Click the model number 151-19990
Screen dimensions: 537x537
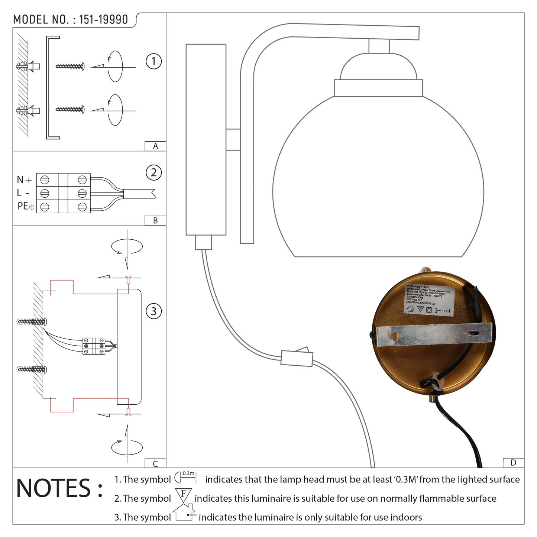103,20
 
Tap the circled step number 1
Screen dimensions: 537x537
153,61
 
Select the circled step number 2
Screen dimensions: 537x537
153,173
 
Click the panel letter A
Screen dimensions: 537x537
155,146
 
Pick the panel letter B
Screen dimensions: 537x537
155,221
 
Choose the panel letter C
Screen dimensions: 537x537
155,463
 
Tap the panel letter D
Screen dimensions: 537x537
513,463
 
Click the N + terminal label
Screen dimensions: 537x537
25,180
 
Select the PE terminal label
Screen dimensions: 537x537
23,206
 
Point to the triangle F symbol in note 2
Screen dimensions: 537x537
183,496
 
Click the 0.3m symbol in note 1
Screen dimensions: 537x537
185,477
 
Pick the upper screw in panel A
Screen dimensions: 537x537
70,67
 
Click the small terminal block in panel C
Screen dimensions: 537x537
94,346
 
